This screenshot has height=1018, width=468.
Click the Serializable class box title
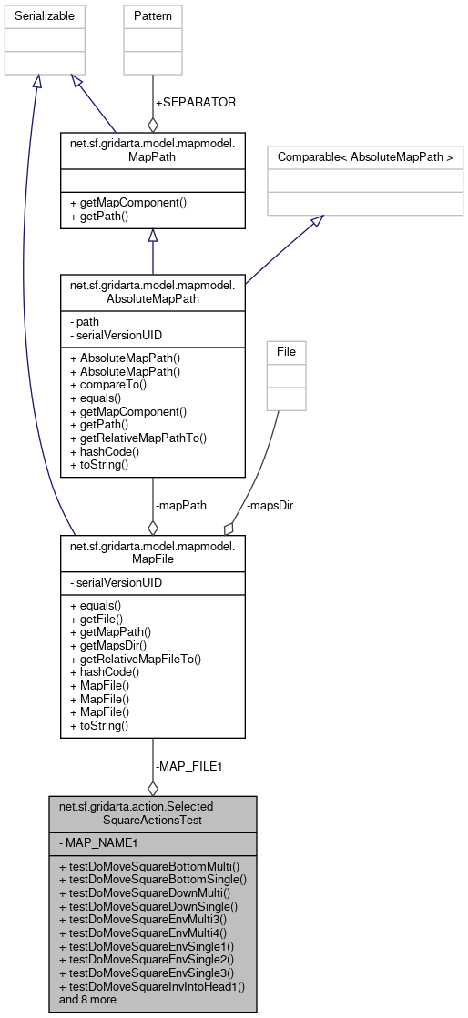44,16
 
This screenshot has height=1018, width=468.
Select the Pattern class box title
152,16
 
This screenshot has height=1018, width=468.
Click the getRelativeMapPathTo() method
138,438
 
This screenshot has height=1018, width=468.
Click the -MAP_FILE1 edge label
188,766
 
